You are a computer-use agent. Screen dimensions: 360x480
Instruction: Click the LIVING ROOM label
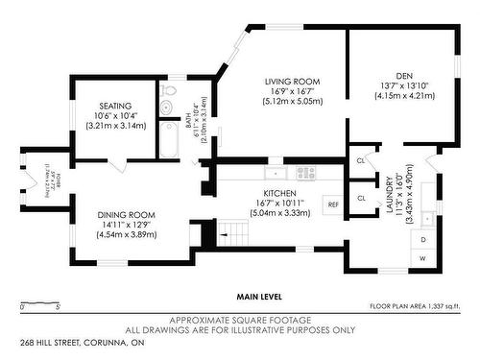294,82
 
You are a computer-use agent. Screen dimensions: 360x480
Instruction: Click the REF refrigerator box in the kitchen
333,204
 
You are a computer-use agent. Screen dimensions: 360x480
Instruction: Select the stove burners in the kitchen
306,174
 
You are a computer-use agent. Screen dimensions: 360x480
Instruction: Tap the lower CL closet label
360,198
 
